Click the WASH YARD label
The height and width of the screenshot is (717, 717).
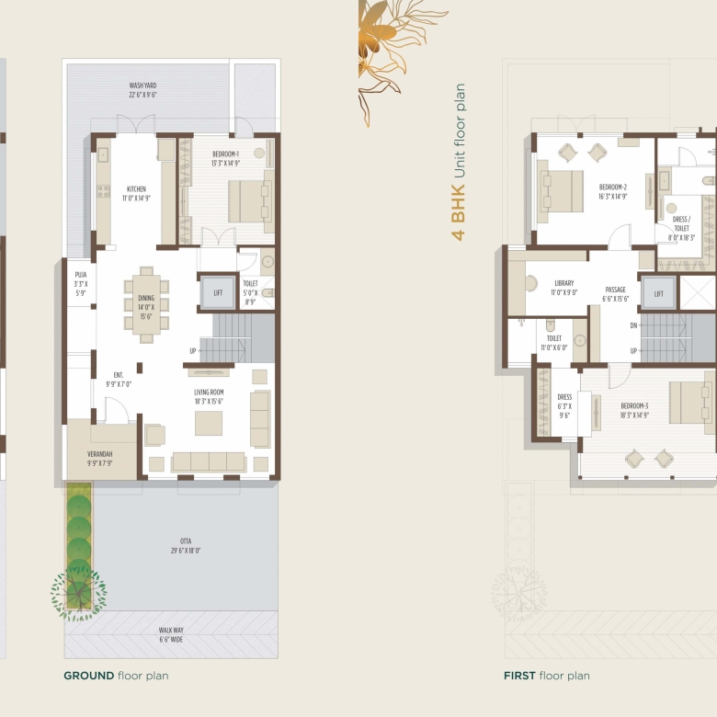click(x=142, y=85)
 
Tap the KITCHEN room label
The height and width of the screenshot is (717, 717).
click(x=136, y=188)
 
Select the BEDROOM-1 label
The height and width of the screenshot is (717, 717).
click(x=225, y=154)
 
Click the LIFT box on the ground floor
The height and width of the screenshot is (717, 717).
click(x=218, y=292)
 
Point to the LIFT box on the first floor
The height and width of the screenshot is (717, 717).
click(x=658, y=293)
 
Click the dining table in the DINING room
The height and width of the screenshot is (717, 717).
click(x=146, y=304)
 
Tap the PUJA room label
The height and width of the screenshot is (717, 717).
click(x=81, y=275)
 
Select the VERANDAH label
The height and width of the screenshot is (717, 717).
click(x=99, y=454)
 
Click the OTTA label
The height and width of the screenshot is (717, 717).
click(x=186, y=541)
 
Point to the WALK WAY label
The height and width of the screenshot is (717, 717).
click(x=171, y=630)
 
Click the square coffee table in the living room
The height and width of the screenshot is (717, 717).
click(x=209, y=423)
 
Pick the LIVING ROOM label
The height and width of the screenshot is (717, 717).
click(x=209, y=393)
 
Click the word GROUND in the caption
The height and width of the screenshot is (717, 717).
click(x=89, y=676)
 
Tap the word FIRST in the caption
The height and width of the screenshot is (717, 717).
click(x=519, y=676)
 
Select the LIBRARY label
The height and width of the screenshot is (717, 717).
click(x=563, y=283)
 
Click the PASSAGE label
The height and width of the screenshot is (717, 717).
click(x=616, y=290)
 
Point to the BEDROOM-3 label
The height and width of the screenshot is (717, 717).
click(x=634, y=406)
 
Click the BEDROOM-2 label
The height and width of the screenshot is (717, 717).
click(x=613, y=187)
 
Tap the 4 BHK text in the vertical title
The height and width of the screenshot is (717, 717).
click(x=458, y=212)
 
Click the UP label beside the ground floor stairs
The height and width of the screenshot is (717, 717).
click(x=193, y=351)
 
